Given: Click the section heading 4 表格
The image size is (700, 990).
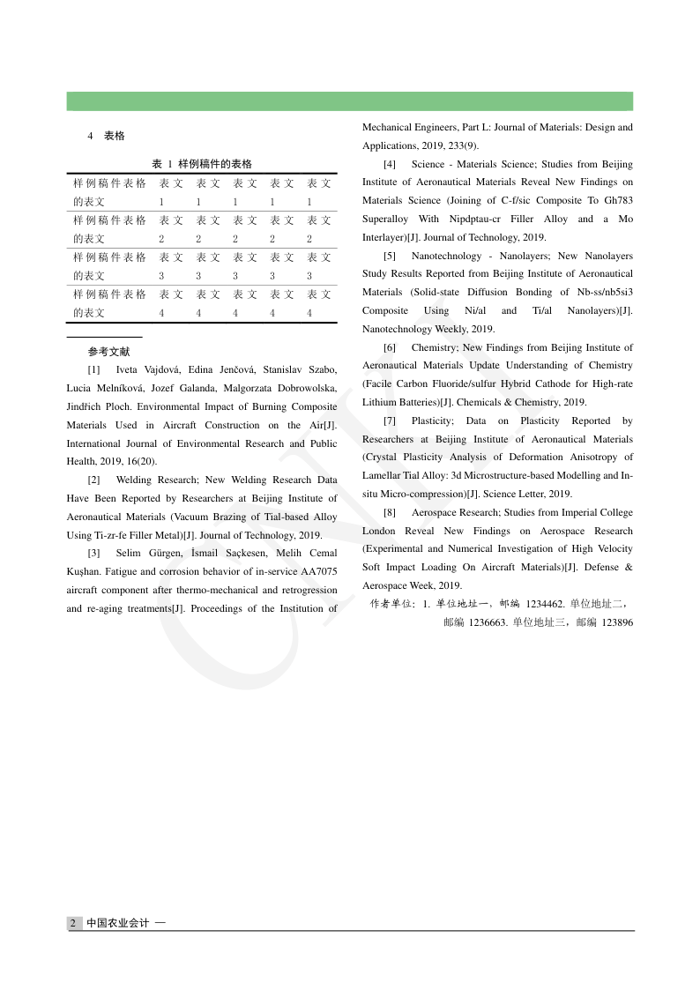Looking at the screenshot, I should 106,136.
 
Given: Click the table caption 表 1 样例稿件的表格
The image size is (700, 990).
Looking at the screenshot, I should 202,164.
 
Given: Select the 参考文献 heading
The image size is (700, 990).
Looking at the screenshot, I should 108,352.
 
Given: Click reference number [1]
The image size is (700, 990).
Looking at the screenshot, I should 94,369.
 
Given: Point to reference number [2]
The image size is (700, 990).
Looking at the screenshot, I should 94,480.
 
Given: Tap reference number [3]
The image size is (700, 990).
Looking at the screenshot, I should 94,554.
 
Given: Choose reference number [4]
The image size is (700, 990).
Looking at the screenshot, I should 390,165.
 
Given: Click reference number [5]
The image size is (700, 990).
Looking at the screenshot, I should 390,257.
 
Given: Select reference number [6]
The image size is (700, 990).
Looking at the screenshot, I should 390,348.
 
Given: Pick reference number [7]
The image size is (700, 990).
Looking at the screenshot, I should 390,421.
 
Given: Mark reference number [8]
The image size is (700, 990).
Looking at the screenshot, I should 390,513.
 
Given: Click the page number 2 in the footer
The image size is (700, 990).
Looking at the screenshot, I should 73,923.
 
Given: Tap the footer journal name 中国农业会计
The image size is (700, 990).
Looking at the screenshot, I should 117,923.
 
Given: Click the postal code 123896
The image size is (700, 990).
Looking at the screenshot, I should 616,622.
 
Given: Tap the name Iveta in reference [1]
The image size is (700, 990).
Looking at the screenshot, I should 129,369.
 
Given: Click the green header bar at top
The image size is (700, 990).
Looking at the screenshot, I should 349,101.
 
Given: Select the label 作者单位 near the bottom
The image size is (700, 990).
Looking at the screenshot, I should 391,604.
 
